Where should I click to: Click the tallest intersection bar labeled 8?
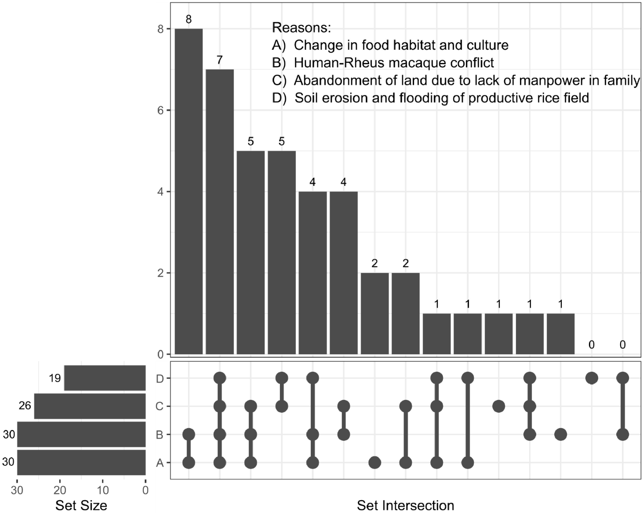point(189,191)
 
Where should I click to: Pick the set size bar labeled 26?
point(90,406)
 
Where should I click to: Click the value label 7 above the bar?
point(219,60)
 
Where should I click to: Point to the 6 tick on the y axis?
point(160,110)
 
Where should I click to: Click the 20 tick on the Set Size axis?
point(60,490)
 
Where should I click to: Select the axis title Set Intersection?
point(405,505)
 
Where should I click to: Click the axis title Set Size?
point(81,505)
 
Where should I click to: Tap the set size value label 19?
point(55,378)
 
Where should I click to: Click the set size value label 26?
point(25,406)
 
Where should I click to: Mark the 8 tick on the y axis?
point(160,29)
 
